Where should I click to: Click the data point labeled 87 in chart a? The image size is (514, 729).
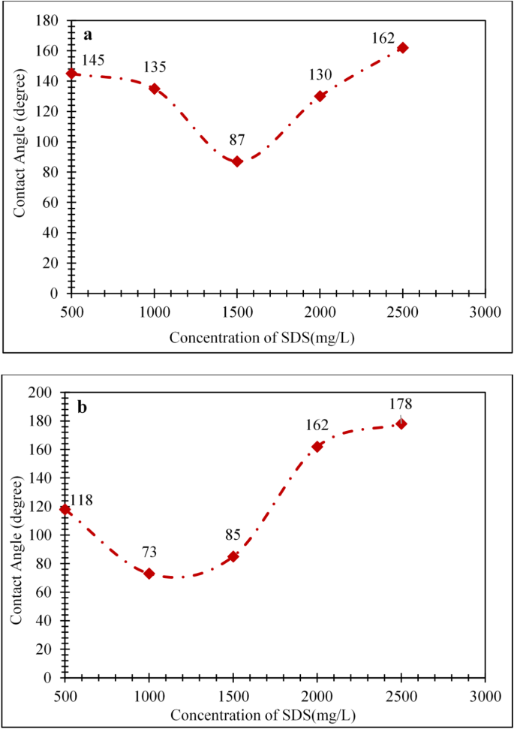click(x=237, y=161)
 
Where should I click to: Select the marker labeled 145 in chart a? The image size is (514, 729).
click(x=71, y=74)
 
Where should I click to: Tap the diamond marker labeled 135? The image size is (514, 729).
click(x=155, y=89)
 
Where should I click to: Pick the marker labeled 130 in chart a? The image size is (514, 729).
click(x=320, y=96)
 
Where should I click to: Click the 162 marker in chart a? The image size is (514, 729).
click(x=403, y=48)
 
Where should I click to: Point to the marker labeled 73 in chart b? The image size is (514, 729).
click(x=149, y=574)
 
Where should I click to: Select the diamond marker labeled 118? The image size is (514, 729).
click(x=65, y=510)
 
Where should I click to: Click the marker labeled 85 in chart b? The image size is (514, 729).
click(x=233, y=556)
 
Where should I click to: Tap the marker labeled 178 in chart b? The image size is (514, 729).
click(x=401, y=423)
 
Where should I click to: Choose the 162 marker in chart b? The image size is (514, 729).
click(x=317, y=447)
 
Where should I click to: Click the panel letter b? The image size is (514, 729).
click(x=83, y=408)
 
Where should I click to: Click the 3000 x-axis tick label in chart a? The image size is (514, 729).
click(x=485, y=312)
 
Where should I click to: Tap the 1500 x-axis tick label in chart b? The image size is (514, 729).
click(x=233, y=696)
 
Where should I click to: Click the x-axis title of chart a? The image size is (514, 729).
click(x=262, y=336)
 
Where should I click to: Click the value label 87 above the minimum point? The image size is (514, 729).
click(x=236, y=139)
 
